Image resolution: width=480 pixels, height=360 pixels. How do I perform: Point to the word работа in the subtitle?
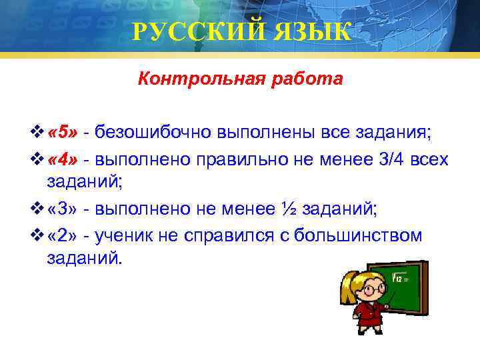pyautogui.click(x=301, y=79)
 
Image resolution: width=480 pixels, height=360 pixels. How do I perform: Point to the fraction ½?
pyautogui.click(x=289, y=209)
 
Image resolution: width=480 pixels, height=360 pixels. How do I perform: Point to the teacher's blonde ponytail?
pyautogui.click(x=347, y=288)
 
